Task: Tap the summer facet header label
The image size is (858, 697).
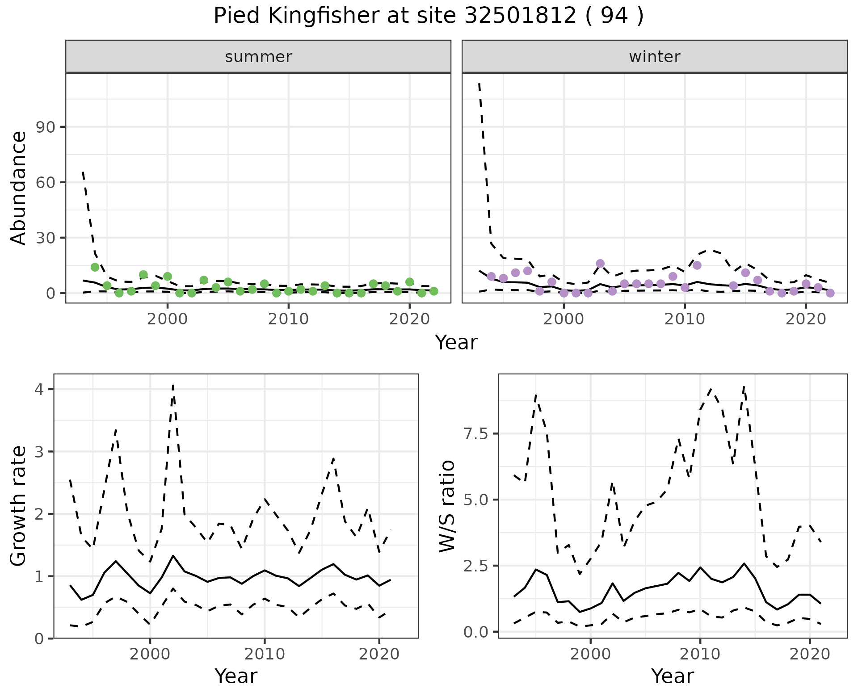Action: (x=258, y=57)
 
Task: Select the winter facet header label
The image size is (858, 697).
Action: (x=654, y=57)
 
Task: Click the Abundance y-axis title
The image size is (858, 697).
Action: (x=19, y=188)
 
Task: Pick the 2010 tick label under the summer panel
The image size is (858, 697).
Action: (x=288, y=319)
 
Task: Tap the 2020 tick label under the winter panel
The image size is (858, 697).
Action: (x=805, y=319)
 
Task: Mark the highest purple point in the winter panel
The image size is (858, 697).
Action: (x=600, y=264)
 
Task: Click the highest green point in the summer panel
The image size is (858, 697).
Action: (x=95, y=267)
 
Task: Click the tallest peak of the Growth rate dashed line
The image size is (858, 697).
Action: (x=173, y=385)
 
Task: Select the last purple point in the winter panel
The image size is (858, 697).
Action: (x=830, y=293)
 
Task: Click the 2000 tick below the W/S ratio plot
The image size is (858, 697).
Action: (x=590, y=655)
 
